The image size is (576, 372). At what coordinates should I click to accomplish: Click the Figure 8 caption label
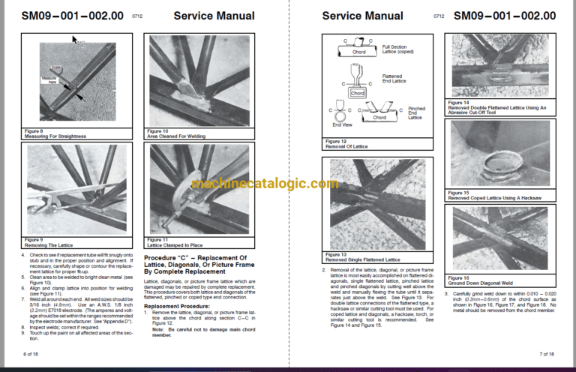click(35, 130)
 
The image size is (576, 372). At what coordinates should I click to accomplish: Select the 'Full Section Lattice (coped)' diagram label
click(395, 49)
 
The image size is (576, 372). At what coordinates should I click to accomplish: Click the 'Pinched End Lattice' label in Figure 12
click(416, 112)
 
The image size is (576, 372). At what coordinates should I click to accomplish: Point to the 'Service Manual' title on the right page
click(362, 15)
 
